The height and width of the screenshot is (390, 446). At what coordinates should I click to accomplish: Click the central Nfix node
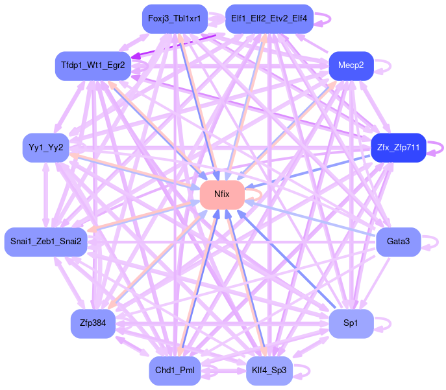pyautogui.click(x=222, y=195)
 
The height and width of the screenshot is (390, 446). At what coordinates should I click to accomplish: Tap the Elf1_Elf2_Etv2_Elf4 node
pyautogui.click(x=269, y=18)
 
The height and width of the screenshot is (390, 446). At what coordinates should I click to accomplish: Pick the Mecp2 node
pyautogui.click(x=351, y=65)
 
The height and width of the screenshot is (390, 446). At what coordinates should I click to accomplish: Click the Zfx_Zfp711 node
pyautogui.click(x=397, y=148)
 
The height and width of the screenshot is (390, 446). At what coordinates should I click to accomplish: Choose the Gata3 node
pyautogui.click(x=398, y=242)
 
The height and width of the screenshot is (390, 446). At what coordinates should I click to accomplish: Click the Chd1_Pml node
pyautogui.click(x=175, y=371)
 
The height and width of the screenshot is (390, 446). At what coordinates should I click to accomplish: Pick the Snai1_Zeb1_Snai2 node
pyautogui.click(x=46, y=242)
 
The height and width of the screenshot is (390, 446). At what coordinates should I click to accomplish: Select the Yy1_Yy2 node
pyautogui.click(x=45, y=148)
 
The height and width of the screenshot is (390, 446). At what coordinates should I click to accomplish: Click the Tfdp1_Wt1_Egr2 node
pyautogui.click(x=93, y=65)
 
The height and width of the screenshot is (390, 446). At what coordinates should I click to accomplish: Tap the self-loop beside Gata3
pyautogui.click(x=430, y=242)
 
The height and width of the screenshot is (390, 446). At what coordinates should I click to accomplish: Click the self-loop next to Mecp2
pyautogui.click(x=383, y=65)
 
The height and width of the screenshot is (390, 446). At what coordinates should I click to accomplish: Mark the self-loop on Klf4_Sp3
pyautogui.click(x=303, y=371)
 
